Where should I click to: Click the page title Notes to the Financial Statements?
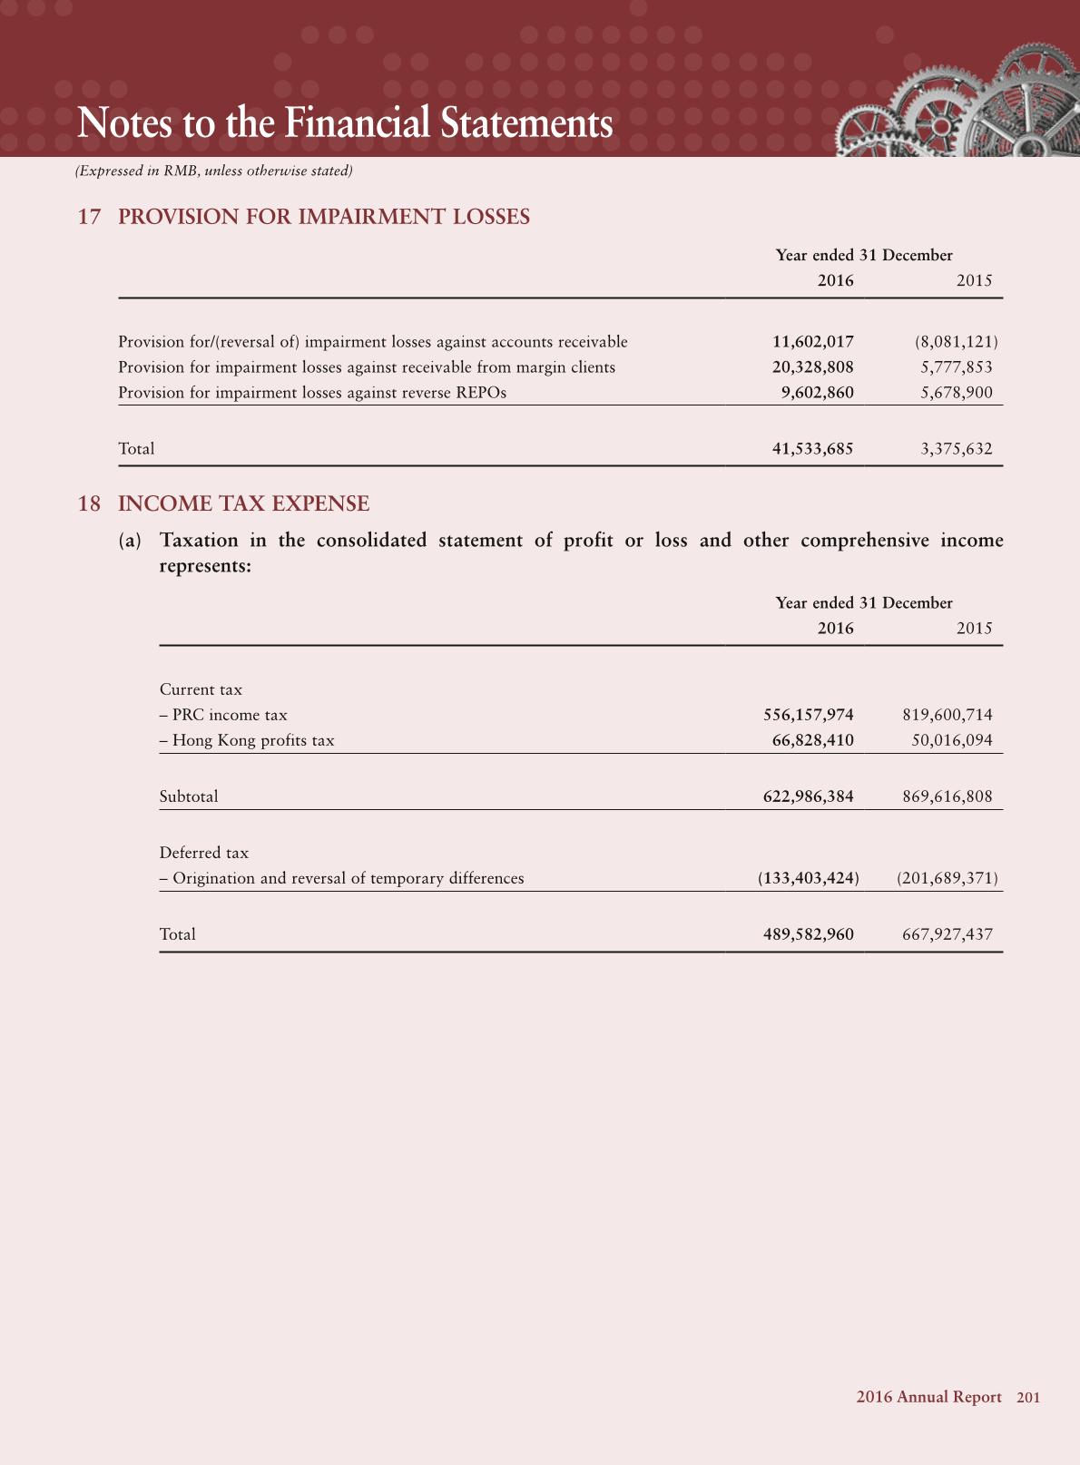pos(345,123)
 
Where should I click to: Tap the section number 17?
pos(89,217)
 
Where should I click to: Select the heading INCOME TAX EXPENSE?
pos(243,503)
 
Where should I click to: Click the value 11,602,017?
pos(812,342)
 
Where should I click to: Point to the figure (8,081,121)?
pos(956,342)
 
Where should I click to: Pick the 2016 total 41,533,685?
pos(812,449)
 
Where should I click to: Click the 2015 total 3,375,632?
pos(956,449)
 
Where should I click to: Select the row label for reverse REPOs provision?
pos(312,393)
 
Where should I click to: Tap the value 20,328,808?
pos(812,367)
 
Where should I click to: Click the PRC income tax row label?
pos(223,715)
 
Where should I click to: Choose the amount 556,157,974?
pos(808,715)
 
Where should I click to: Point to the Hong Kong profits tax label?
pos(247,740)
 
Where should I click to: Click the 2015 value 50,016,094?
pos(951,740)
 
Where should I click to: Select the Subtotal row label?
pos(189,796)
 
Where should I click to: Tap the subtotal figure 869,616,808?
pos(947,796)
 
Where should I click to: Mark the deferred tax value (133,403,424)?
pos(808,878)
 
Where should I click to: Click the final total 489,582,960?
pos(808,934)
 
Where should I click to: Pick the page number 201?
pos(1028,1398)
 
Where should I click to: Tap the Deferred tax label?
pos(204,853)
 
